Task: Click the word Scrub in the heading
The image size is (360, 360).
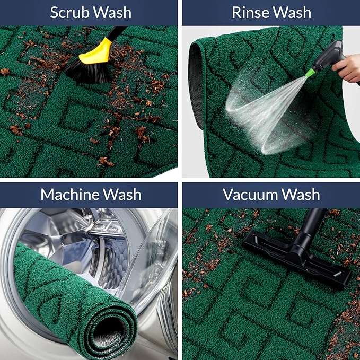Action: point(69,13)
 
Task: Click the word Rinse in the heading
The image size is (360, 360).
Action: point(249,13)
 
